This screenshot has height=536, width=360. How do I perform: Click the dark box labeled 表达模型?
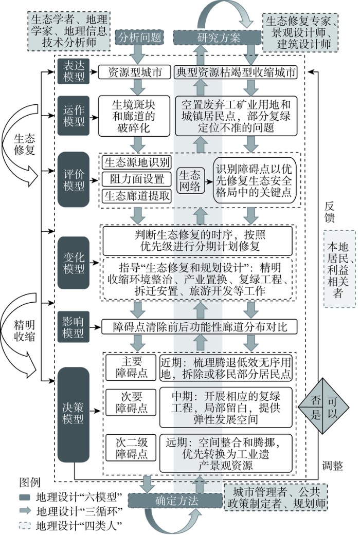coord(74,71)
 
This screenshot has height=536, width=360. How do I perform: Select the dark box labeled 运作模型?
coord(74,116)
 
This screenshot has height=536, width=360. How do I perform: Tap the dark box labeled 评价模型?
coord(74,179)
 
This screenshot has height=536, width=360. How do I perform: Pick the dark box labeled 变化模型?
coord(74,263)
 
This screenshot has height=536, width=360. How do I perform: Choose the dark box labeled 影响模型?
coord(73,327)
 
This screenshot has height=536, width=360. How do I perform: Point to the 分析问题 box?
coord(139,37)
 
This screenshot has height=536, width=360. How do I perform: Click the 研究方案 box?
coord(218,38)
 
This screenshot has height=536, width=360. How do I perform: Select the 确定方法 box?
coord(175,501)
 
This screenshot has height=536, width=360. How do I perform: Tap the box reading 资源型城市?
coord(135,72)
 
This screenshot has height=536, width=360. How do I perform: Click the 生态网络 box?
coord(190,180)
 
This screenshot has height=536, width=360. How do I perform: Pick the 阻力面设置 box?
coord(136,179)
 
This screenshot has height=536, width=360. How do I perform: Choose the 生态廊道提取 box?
coord(136,196)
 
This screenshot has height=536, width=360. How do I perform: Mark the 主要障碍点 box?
coord(131,367)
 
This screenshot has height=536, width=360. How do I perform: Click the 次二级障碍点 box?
coord(131,448)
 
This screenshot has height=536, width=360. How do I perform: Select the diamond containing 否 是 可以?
coord(323,406)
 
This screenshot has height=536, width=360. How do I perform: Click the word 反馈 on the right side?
coord(330,212)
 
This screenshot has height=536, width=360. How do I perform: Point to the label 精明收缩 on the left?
coord(24,330)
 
